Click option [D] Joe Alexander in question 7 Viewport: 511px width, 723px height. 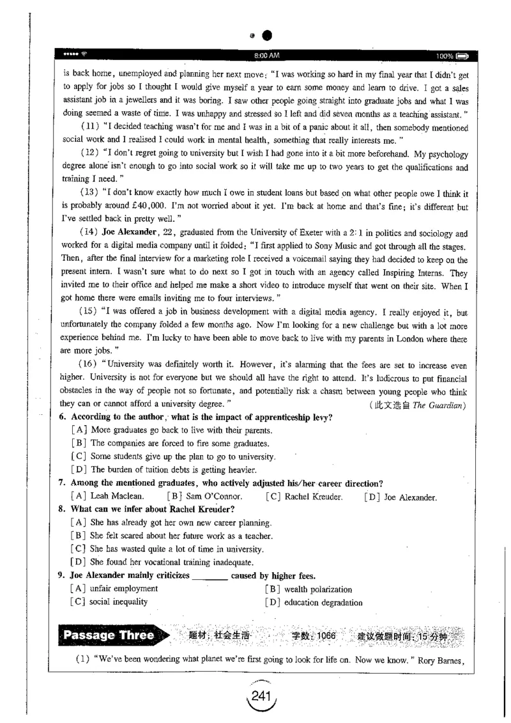click(x=400, y=497)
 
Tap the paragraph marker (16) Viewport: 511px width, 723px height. click(x=87, y=364)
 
